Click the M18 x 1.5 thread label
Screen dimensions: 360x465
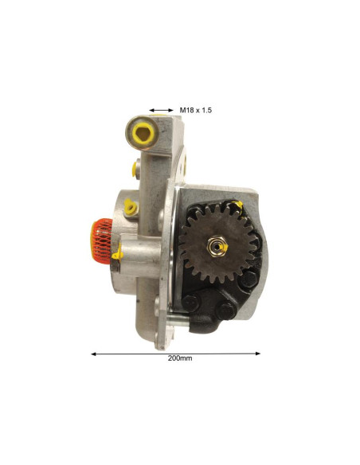[195, 111]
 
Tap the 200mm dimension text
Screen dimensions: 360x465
[180, 358]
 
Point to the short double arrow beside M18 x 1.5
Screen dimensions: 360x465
[161, 111]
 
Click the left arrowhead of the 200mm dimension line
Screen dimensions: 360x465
[93, 354]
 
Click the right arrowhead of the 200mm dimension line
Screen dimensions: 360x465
[258, 354]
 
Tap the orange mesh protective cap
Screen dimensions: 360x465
[101, 241]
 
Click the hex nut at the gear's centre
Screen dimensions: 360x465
[217, 246]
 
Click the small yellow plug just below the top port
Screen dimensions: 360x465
[134, 169]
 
